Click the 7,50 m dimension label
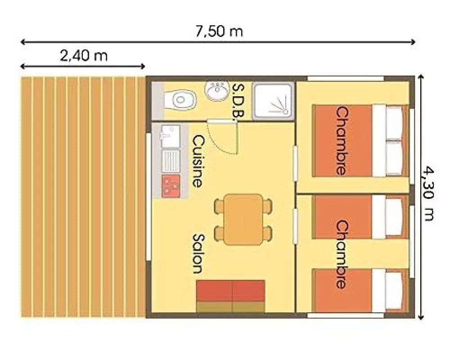click(x=219, y=31)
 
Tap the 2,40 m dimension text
click(x=84, y=55)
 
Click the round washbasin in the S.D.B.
click(x=217, y=90)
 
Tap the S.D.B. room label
click(x=238, y=100)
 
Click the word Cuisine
click(x=197, y=162)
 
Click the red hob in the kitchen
click(x=171, y=186)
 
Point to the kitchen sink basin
click(x=171, y=136)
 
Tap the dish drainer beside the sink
click(x=171, y=161)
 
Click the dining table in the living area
click(x=243, y=220)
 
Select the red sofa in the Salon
click(x=230, y=296)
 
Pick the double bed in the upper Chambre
click(x=360, y=141)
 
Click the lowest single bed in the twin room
click(x=360, y=291)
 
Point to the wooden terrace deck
click(x=83, y=197)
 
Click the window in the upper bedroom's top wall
click(x=346, y=79)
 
